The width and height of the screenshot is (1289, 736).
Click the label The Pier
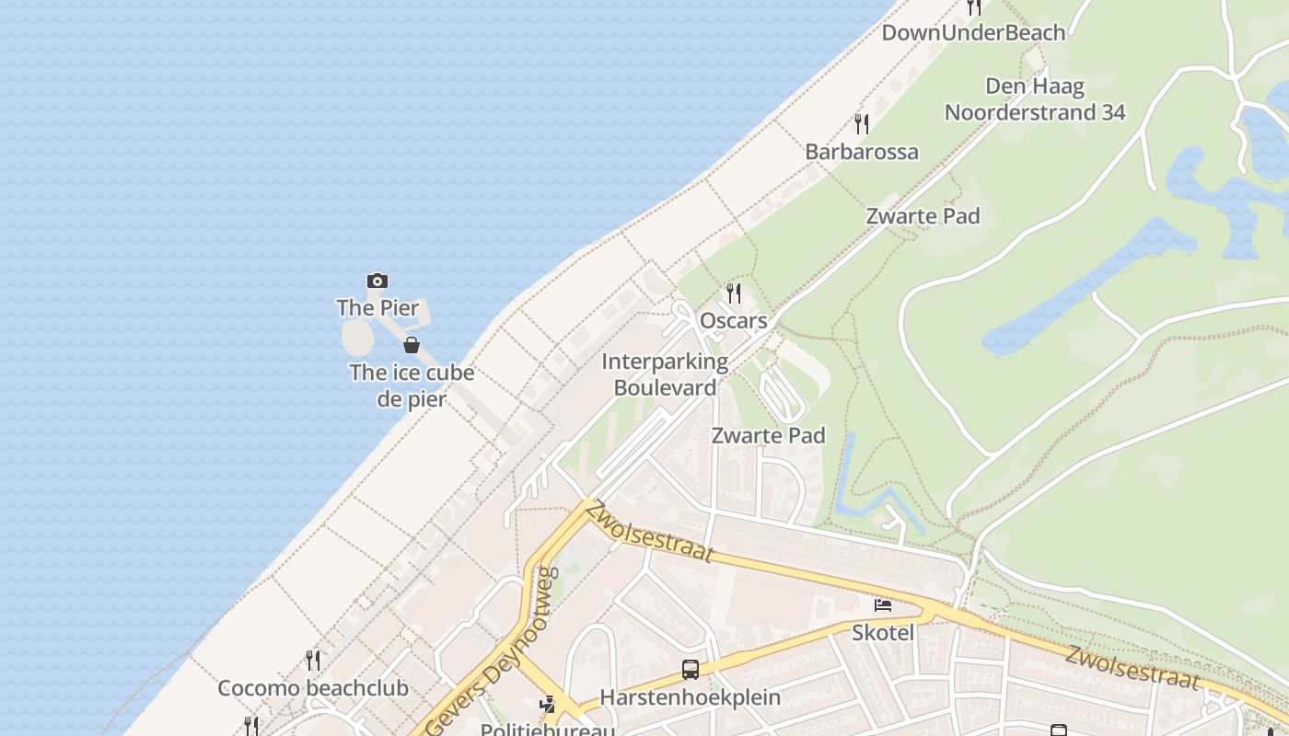(x=377, y=307)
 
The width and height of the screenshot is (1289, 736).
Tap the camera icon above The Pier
(x=377, y=281)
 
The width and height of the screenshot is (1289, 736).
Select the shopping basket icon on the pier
(x=412, y=345)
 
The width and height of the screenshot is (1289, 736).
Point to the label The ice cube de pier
(x=412, y=385)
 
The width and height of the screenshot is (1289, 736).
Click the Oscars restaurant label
(x=734, y=320)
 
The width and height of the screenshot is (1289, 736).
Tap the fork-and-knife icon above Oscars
(x=734, y=293)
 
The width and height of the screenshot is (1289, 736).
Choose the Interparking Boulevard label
(x=665, y=374)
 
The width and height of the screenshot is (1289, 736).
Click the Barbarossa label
(x=862, y=151)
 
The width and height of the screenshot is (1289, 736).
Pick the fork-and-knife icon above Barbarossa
(x=862, y=123)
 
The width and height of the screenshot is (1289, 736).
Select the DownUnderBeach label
(x=973, y=32)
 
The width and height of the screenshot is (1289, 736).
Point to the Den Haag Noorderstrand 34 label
(x=1035, y=99)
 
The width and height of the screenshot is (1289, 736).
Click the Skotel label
(x=883, y=632)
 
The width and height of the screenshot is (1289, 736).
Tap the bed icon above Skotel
(x=883, y=605)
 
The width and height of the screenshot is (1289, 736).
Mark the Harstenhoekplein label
(x=691, y=696)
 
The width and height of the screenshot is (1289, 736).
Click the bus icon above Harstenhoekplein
(x=691, y=670)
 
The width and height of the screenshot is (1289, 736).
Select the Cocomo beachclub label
(x=313, y=687)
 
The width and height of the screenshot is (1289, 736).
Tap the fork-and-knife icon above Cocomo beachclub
(x=313, y=660)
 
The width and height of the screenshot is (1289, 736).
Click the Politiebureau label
(x=548, y=730)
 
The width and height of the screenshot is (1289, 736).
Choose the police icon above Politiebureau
(x=548, y=705)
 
